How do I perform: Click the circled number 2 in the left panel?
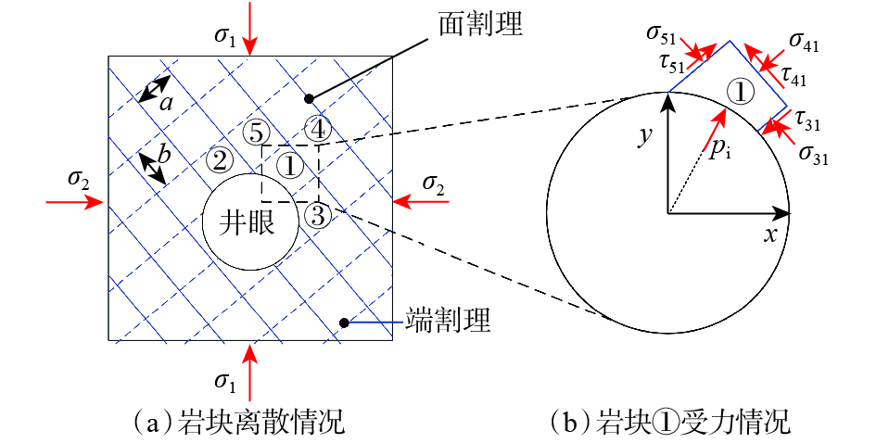click(x=220, y=160)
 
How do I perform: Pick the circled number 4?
click(x=317, y=128)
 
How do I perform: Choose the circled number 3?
click(x=316, y=216)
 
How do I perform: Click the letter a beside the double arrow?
click(x=167, y=102)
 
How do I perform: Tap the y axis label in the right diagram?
click(x=646, y=137)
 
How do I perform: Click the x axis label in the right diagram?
click(x=769, y=234)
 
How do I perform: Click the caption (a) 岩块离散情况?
click(x=239, y=424)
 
